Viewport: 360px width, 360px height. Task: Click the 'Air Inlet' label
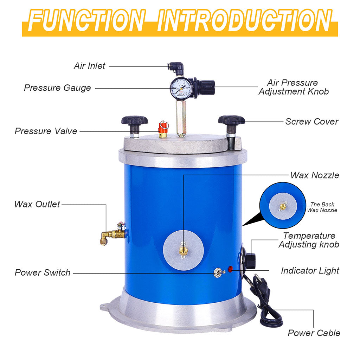89,66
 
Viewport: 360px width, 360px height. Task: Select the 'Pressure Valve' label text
46,131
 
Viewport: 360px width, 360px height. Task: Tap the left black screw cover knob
134,122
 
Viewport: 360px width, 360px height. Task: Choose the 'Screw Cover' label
311,122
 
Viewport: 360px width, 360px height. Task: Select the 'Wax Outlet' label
37,204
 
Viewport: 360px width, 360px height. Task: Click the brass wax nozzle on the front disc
183,250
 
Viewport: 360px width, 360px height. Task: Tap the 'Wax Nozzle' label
315,175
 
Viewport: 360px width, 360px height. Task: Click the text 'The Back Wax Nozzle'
322,207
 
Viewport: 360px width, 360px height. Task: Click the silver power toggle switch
218,273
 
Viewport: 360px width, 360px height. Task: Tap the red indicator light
231,270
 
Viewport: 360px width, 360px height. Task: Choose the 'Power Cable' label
314,333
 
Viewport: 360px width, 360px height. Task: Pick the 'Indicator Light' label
310,271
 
